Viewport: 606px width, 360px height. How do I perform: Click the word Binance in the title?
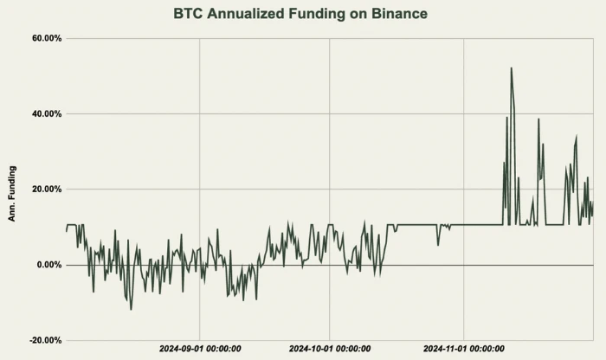coord(396,14)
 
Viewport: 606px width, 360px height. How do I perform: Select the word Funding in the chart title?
coord(324,14)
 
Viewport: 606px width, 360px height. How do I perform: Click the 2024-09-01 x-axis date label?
coord(200,349)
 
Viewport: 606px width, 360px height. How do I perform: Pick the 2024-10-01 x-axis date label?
coord(330,349)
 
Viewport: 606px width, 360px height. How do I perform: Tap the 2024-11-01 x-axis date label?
coord(464,349)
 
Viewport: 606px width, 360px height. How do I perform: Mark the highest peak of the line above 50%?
coord(512,68)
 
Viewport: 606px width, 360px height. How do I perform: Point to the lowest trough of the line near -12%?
coord(131,309)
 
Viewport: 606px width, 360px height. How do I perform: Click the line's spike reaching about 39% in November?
coord(538,119)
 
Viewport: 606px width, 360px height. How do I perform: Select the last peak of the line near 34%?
coord(576,137)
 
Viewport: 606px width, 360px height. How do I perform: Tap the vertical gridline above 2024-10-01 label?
coord(330,173)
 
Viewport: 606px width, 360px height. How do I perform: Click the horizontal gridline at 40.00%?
coord(260,114)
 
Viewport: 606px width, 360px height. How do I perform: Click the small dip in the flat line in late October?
coord(438,244)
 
